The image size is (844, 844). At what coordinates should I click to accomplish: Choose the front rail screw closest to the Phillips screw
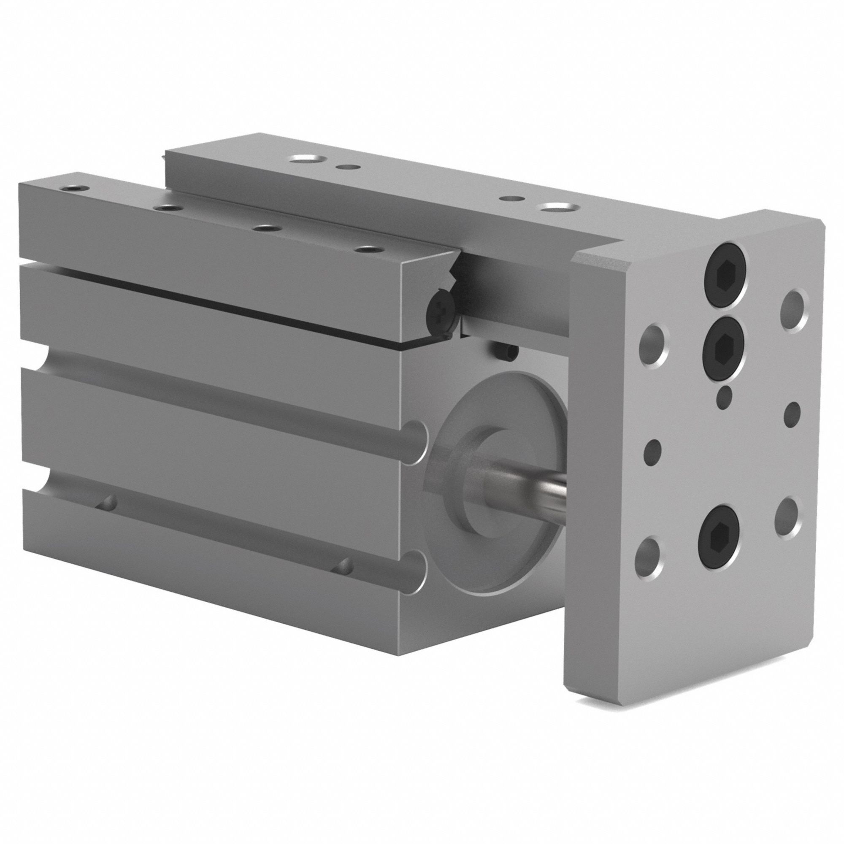click(x=368, y=249)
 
